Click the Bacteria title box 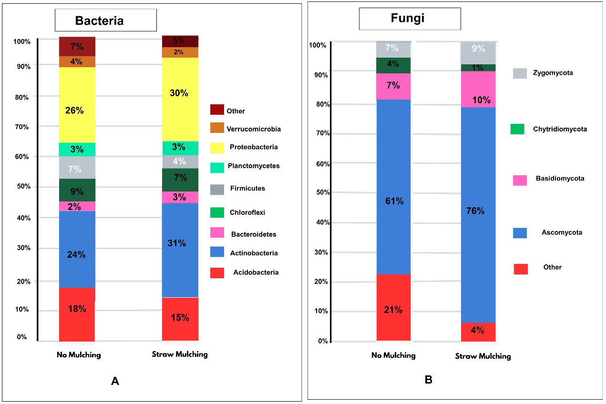pyautogui.click(x=105, y=20)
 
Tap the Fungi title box pyautogui.click(x=410, y=19)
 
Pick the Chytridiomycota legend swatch pyautogui.click(x=517, y=129)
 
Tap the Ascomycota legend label pyautogui.click(x=562, y=232)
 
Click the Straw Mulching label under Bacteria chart pyautogui.click(x=180, y=354)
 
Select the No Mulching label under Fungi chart pyautogui.click(x=393, y=355)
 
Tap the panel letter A pyautogui.click(x=114, y=381)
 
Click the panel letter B pyautogui.click(x=428, y=380)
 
